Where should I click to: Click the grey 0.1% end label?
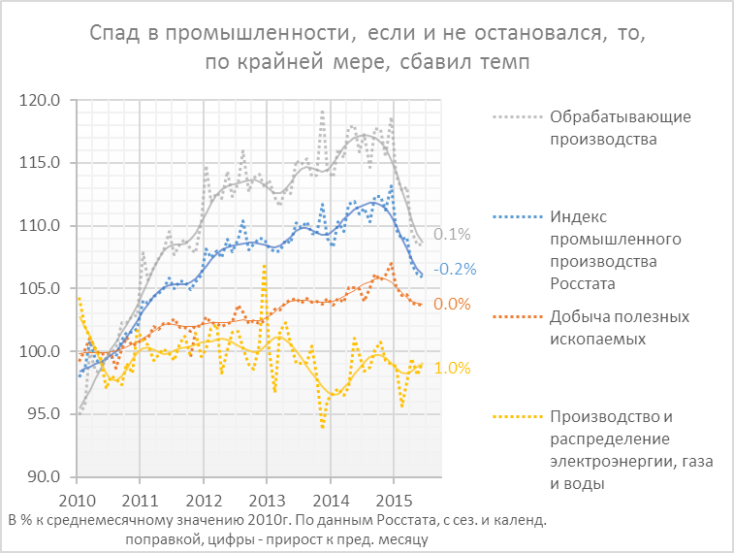[x=452, y=235]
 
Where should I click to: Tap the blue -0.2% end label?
[x=453, y=269]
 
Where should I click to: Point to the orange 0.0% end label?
[x=452, y=305]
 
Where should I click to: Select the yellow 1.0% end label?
[x=452, y=369]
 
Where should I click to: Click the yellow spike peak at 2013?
[x=264, y=265]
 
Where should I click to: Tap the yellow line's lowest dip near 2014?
[x=323, y=427]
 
